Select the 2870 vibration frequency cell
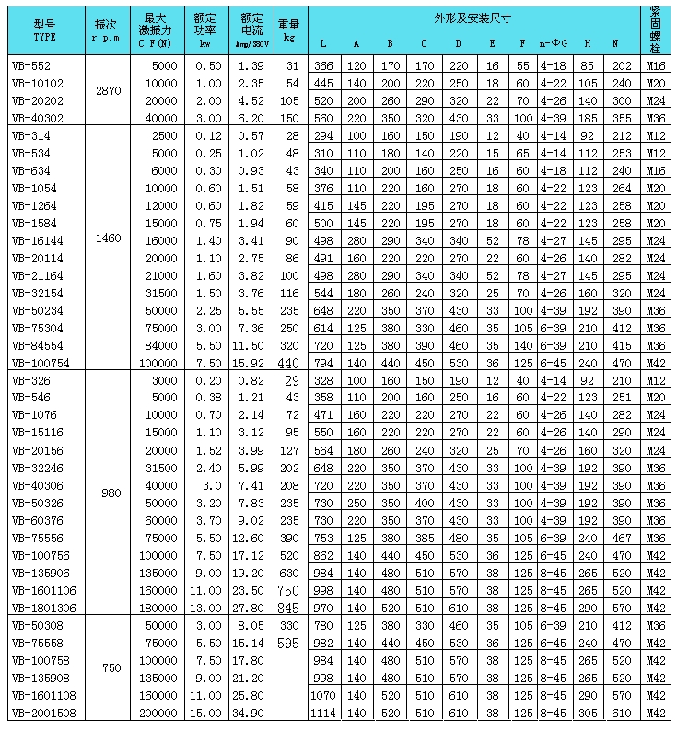pyautogui.click(x=106, y=92)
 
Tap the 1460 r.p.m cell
pyautogui.click(x=106, y=238)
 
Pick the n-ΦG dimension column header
pyautogui.click(x=554, y=43)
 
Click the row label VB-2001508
pyautogui.click(x=38, y=713)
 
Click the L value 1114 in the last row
pyautogui.click(x=322, y=713)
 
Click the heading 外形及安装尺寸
pyautogui.click(x=473, y=18)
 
